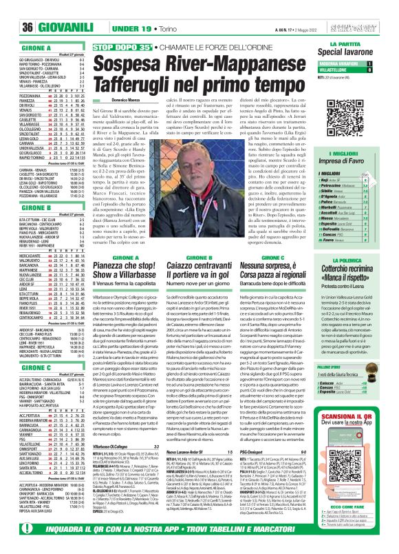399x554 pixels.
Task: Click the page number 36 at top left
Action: click(12, 9)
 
